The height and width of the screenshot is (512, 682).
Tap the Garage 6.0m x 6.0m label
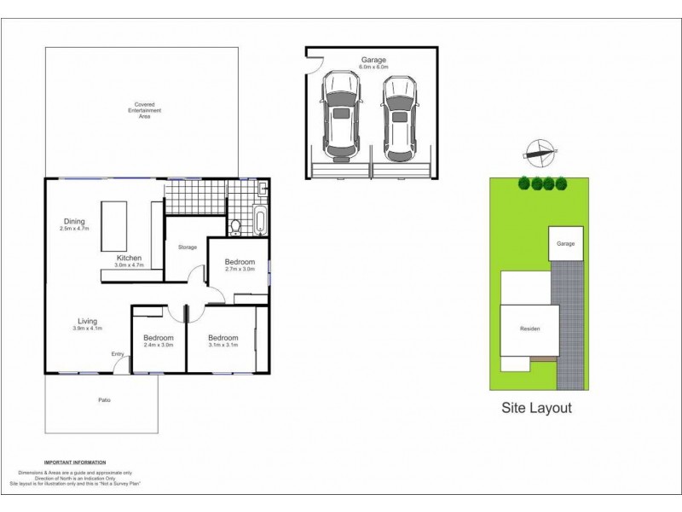[x=373, y=64]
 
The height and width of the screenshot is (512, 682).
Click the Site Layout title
[x=535, y=408]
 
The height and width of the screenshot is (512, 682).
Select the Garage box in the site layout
[x=566, y=244]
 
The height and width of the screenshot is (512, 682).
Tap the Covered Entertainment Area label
[x=143, y=111]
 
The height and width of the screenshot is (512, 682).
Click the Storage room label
[x=188, y=247]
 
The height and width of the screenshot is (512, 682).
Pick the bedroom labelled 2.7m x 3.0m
[x=240, y=265]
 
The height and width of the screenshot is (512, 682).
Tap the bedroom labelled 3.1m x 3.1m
[x=223, y=341]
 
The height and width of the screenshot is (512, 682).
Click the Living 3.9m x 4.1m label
[x=87, y=324]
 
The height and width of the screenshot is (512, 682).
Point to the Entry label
[x=118, y=355]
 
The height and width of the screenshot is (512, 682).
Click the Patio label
[x=103, y=400]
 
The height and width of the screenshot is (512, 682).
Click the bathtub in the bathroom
[x=261, y=220]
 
